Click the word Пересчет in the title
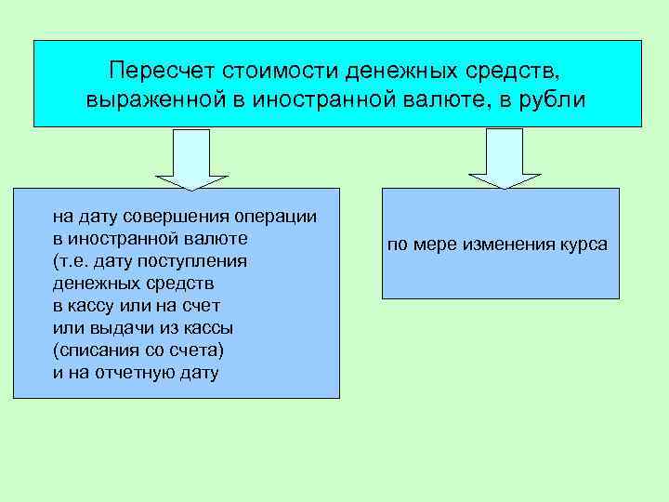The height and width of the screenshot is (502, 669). point(155,71)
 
